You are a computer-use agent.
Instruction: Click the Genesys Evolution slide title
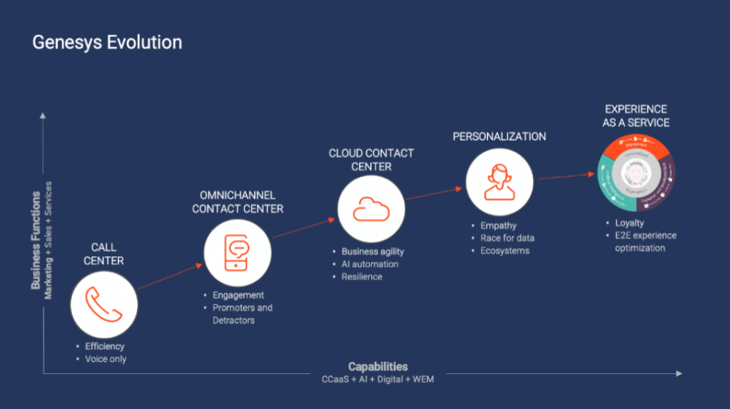(107, 43)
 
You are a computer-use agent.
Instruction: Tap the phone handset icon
(103, 305)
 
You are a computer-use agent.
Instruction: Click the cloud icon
(371, 209)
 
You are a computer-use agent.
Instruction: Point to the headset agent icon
(500, 181)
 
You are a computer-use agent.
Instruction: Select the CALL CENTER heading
(103, 254)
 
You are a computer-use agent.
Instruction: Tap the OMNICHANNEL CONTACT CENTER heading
(238, 202)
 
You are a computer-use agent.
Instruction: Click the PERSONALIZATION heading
(500, 136)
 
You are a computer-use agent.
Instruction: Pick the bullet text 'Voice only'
(106, 359)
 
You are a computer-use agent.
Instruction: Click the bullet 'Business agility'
(372, 251)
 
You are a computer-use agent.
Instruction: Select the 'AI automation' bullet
(370, 264)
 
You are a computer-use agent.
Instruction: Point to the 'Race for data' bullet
(507, 238)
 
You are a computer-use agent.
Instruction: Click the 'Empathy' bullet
(498, 226)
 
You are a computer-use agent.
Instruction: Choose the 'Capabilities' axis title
(377, 367)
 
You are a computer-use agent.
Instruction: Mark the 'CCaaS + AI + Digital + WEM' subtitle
(377, 379)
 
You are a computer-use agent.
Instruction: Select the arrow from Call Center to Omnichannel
(171, 276)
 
